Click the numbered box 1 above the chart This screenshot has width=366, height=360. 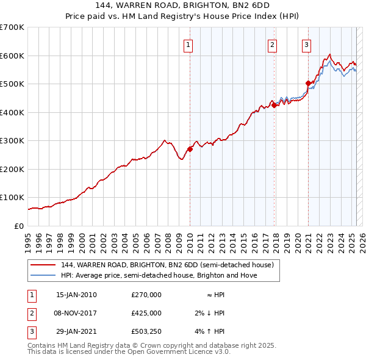(188, 44)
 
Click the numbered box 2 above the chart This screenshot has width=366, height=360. (271, 44)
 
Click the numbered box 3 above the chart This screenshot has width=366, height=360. (306, 44)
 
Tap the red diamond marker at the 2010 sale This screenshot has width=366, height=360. (190, 148)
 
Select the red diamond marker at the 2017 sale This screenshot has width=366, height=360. (274, 105)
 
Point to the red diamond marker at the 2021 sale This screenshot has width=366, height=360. (309, 83)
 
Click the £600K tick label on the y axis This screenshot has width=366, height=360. (12, 56)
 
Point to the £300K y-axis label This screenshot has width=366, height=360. (12, 141)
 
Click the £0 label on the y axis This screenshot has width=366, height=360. (19, 226)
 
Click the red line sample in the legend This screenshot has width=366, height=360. (43, 265)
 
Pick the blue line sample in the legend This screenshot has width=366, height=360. (43, 275)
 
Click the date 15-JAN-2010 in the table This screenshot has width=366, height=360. (76, 295)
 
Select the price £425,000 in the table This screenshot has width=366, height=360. (146, 313)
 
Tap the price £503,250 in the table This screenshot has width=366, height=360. (146, 332)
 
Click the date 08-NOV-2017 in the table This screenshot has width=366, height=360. (77, 313)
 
